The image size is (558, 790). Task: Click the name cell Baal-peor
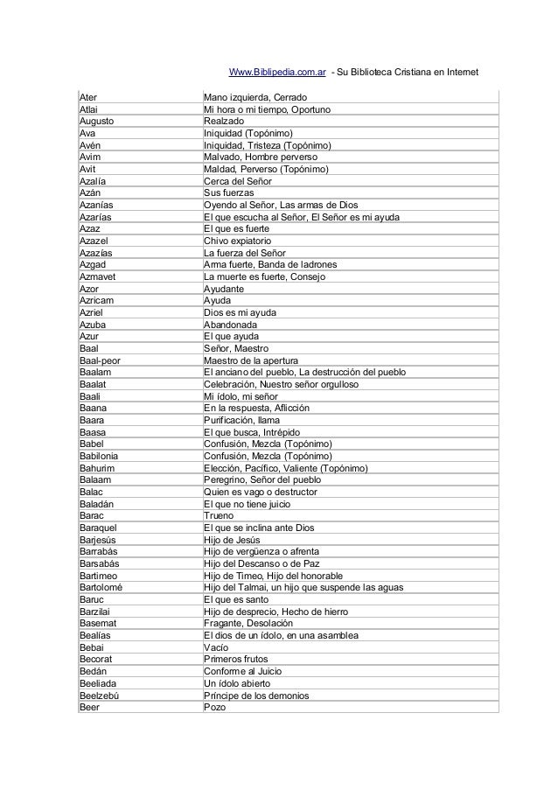tap(101, 360)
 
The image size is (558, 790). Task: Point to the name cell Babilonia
tap(100, 457)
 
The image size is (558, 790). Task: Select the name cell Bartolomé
tap(101, 588)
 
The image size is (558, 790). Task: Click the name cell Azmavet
tap(99, 276)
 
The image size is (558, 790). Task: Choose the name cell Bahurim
tap(98, 469)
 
